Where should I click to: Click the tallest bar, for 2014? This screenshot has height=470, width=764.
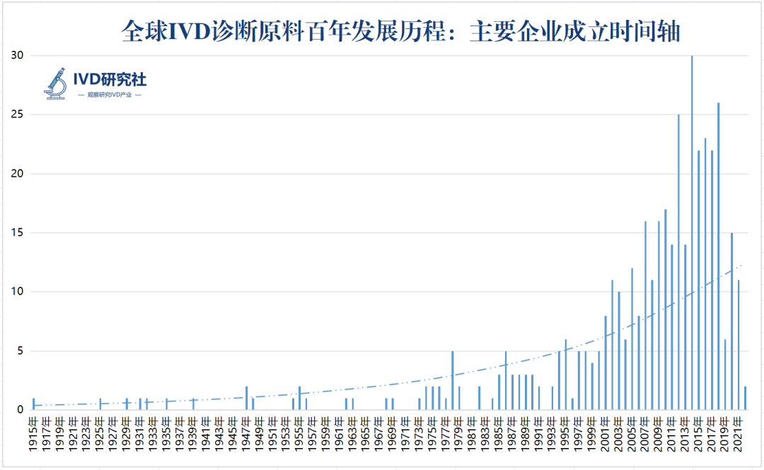click(692, 234)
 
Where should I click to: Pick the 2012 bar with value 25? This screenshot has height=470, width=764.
click(678, 262)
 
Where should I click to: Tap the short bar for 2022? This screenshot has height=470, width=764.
click(745, 398)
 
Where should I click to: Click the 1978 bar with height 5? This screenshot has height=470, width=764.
click(452, 380)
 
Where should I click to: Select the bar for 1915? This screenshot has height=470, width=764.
click(33, 403)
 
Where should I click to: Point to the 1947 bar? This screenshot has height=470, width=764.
click(246, 398)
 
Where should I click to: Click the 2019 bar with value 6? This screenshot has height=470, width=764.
click(725, 374)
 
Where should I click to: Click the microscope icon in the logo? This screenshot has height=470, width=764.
click(57, 84)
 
